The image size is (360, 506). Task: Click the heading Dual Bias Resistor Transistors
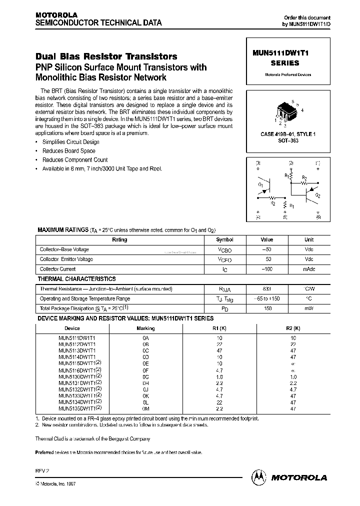tap(106, 57)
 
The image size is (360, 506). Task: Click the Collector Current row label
tap(57, 269)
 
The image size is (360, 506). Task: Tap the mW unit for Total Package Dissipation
tap(309, 308)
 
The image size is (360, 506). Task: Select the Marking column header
tap(145, 328)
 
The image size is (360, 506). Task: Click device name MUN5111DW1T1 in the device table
tap(76, 338)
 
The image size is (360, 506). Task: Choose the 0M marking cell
tap(145, 408)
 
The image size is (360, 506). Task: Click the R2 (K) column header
tap(293, 328)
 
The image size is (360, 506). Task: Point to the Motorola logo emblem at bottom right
tap(259, 477)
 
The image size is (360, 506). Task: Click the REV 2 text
tap(42, 471)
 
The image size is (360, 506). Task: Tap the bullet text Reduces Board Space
tap(68, 151)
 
